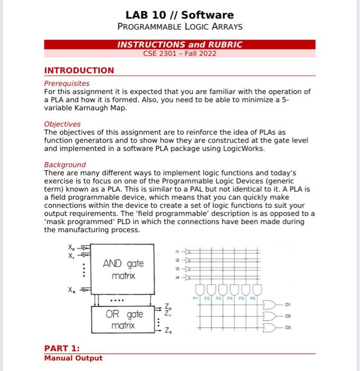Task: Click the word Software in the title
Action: tap(208, 15)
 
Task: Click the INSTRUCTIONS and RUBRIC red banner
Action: tap(179, 45)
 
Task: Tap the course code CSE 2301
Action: tap(161, 54)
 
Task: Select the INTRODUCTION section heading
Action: tap(79, 70)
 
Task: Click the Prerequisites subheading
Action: tap(67, 83)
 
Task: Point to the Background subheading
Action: tap(65, 165)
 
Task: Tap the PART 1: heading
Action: tap(62, 348)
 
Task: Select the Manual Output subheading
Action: tap(73, 358)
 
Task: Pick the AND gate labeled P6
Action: tap(258, 290)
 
